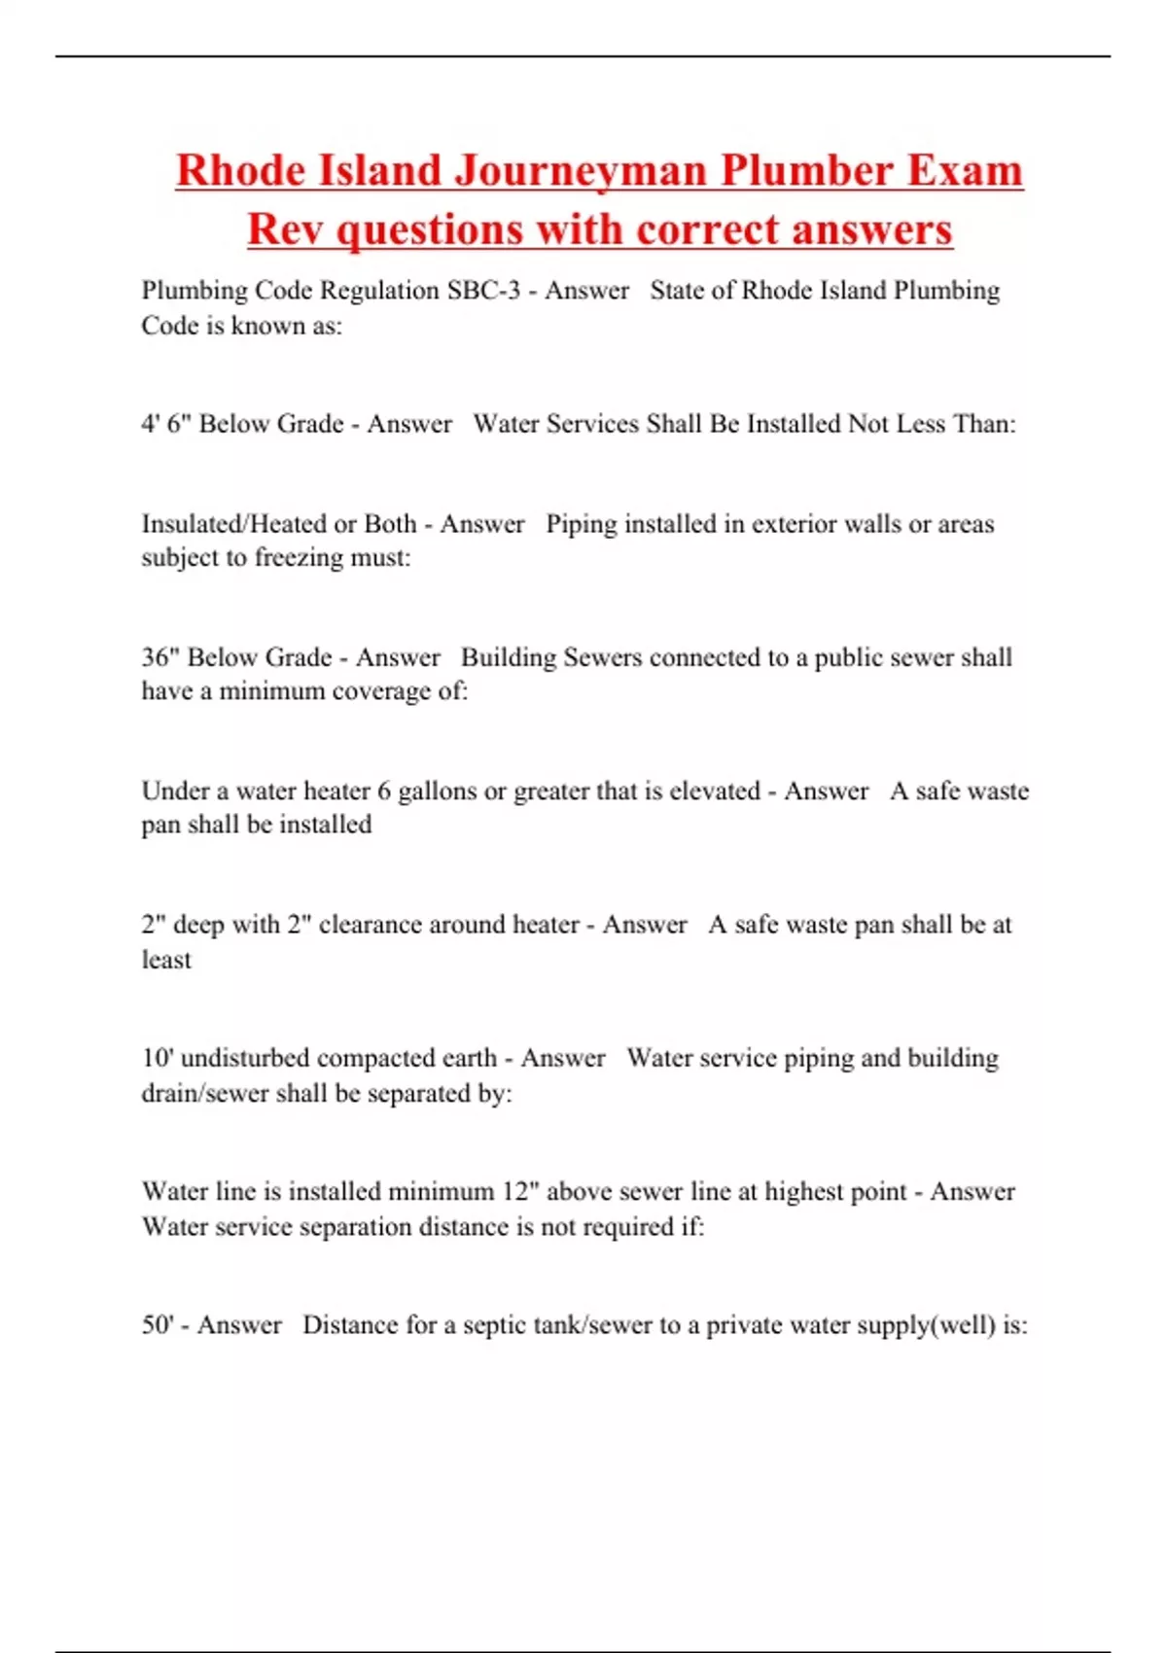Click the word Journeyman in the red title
pyautogui.click(x=583, y=170)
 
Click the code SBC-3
pyautogui.click(x=483, y=290)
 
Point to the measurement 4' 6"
pyautogui.click(x=165, y=423)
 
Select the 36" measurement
pyautogui.click(x=159, y=657)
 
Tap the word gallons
pyautogui.click(x=438, y=791)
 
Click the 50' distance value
pyautogui.click(x=158, y=1324)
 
